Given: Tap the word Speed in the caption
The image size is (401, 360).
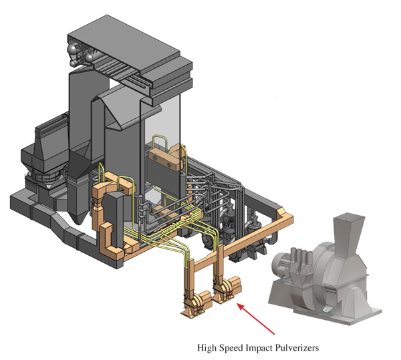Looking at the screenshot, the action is [x=230, y=348].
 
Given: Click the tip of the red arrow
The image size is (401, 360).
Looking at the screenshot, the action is [x=238, y=303].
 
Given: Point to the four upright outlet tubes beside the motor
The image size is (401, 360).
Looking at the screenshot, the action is [x=302, y=256].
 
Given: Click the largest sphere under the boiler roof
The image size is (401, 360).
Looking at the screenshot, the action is [x=72, y=48].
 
